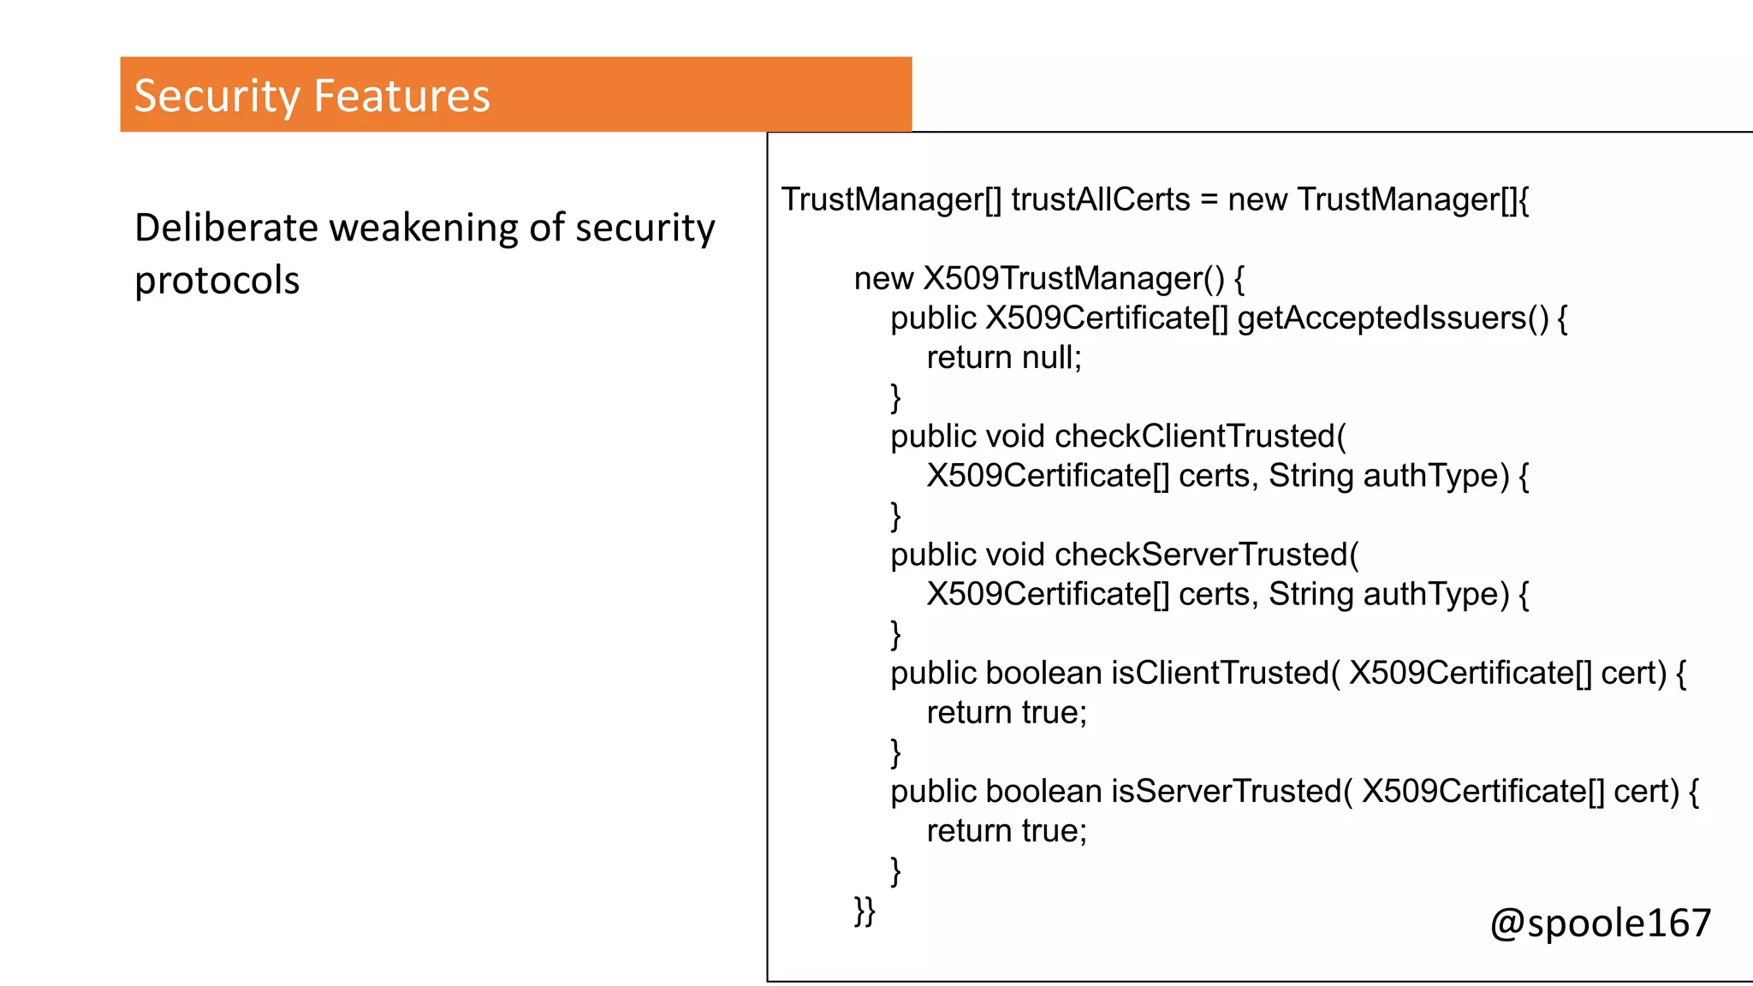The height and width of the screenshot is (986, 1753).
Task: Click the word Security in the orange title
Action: [x=216, y=96]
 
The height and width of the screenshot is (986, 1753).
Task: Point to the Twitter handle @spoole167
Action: [x=1600, y=924]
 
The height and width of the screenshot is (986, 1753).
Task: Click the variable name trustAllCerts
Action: [x=1101, y=199]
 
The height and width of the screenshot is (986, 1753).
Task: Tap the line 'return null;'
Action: [x=1004, y=358]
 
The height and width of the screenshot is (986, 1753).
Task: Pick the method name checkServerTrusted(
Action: [x=1206, y=555]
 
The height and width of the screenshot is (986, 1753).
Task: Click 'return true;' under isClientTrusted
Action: [x=1007, y=713]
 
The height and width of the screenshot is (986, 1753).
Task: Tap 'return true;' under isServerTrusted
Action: [x=1007, y=831]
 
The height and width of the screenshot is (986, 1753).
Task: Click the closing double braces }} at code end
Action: [x=865, y=911]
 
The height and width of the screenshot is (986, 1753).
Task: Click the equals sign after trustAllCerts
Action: [x=1209, y=200]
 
